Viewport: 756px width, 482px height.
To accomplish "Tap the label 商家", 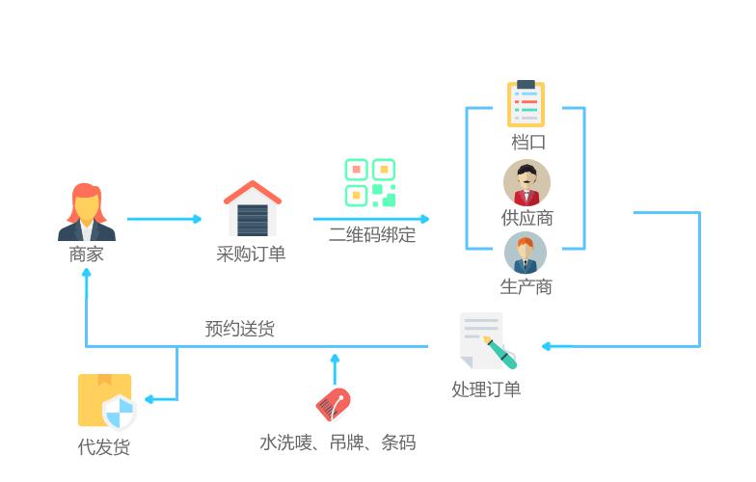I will [87, 255].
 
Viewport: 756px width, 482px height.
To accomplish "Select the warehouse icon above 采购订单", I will [253, 208].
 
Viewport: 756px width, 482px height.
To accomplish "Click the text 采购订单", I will [252, 254].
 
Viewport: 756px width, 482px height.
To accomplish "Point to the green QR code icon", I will [370, 183].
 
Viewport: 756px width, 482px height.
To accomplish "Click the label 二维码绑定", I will [372, 234].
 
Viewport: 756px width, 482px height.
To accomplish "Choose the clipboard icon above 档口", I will [526, 104].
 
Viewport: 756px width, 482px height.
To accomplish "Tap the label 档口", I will [527, 143].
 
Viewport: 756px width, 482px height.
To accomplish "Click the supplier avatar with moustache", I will [526, 183].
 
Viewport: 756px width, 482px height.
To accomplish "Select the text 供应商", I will [526, 218].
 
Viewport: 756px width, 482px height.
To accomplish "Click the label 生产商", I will [526, 287].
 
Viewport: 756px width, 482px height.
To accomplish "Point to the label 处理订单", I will [486, 389].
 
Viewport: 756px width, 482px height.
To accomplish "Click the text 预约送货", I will [240, 329].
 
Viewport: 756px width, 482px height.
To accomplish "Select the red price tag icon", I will [333, 405].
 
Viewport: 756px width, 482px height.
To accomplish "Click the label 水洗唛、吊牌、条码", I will [337, 442].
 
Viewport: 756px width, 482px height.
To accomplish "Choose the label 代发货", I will [104, 447].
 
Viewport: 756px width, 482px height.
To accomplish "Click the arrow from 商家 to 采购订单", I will [164, 219].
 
